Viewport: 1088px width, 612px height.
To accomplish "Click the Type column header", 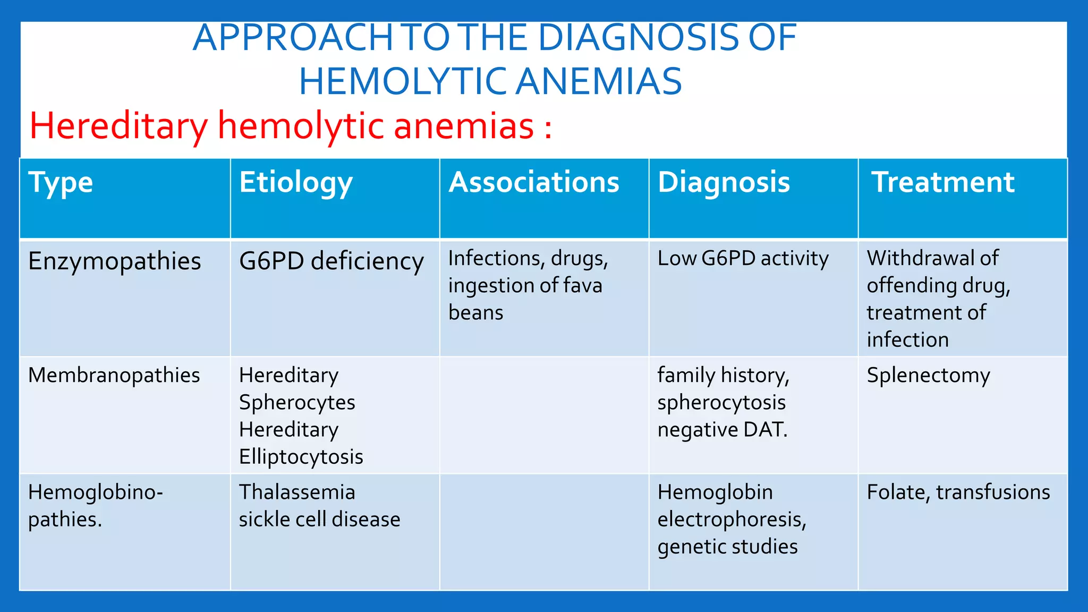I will click(61, 183).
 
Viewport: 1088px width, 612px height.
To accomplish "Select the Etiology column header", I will click(296, 183).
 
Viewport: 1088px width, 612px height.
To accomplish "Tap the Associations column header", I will click(534, 182).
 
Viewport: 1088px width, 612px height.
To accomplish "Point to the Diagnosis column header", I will click(724, 182).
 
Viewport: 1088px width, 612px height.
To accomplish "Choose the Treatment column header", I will click(943, 182).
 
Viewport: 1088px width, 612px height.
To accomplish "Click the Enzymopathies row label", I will click(115, 261).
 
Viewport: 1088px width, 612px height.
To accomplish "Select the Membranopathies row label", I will click(114, 375).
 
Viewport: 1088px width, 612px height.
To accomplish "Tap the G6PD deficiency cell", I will click(331, 261).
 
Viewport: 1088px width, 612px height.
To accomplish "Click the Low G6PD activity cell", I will click(743, 258).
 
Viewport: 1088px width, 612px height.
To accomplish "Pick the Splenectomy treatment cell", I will click(928, 376).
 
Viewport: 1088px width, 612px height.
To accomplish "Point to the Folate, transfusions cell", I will click(958, 492).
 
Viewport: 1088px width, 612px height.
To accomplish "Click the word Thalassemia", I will click(297, 492).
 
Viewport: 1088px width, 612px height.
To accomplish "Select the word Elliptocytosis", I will click(301, 457).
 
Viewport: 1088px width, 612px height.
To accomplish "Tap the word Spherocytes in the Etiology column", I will click(297, 403).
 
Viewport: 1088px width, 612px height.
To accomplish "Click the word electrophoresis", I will click(732, 520).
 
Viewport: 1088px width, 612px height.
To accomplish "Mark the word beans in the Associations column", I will click(475, 312).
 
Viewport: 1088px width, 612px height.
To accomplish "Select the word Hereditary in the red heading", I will click(118, 126).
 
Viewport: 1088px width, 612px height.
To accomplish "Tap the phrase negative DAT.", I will click(722, 430).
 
